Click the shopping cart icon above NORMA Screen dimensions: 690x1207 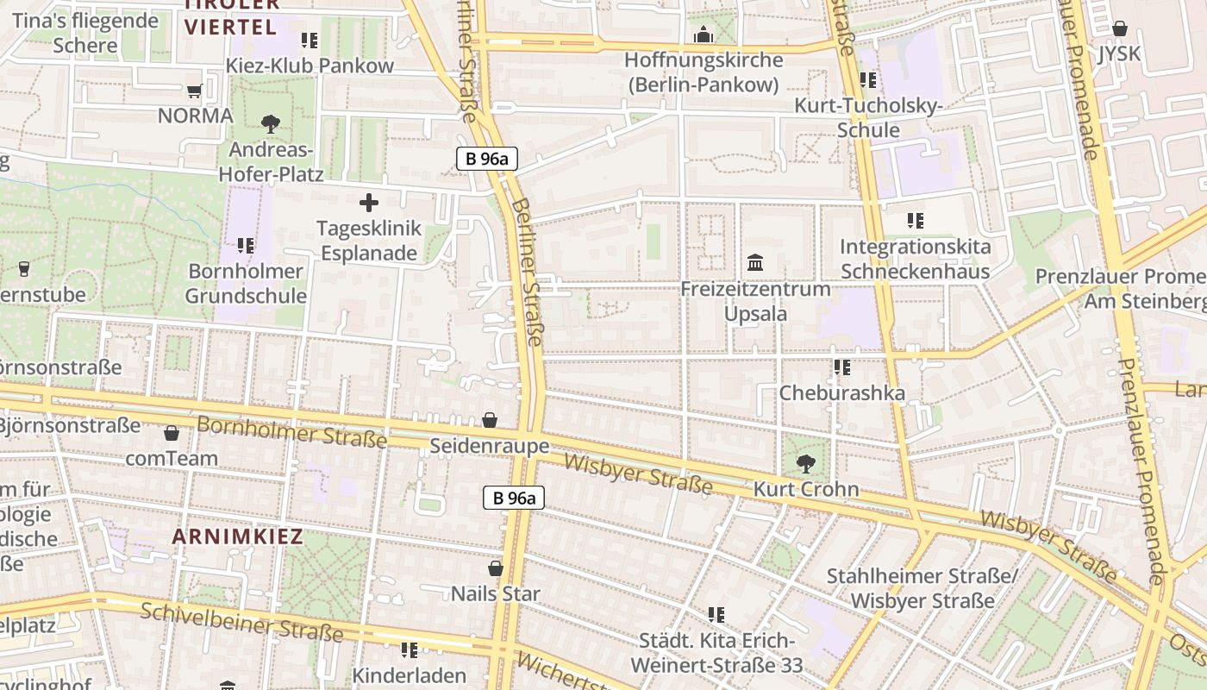tap(194, 91)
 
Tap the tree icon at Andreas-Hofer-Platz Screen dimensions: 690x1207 tap(271, 123)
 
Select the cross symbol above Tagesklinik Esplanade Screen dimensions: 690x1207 tap(369, 204)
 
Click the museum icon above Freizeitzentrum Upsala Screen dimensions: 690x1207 tap(755, 262)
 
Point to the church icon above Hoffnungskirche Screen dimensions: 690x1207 tap(704, 35)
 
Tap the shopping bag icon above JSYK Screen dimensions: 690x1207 tap(1119, 28)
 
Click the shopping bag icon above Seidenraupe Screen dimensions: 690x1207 tap(490, 420)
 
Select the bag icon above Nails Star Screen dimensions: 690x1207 tap(496, 568)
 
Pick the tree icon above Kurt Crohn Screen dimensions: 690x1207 tap(806, 464)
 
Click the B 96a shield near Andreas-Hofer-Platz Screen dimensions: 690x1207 tap(486, 159)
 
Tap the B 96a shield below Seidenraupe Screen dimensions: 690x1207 tap(513, 498)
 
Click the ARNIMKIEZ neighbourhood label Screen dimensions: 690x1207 tap(237, 536)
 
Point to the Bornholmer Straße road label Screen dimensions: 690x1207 tap(291, 432)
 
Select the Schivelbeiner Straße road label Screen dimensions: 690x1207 tap(241, 623)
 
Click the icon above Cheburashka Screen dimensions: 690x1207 tap(842, 368)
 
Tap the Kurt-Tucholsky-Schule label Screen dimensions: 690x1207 tap(868, 118)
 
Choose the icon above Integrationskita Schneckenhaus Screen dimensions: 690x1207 tap(915, 221)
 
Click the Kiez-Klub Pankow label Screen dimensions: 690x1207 tap(310, 66)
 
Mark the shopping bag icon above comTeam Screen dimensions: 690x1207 tap(172, 432)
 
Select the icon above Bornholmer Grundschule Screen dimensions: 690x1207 tap(246, 246)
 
